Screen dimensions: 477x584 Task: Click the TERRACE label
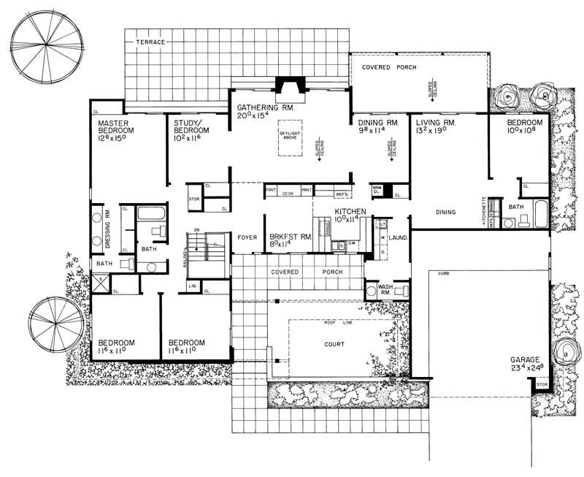coord(150,43)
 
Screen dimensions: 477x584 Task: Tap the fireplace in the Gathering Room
coord(283,85)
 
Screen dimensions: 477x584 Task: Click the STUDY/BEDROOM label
coord(183,129)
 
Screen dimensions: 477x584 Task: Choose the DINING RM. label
coord(377,123)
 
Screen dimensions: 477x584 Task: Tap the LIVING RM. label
coord(435,123)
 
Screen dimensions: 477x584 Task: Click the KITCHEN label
coord(349,211)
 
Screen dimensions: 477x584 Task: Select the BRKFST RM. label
coord(286,237)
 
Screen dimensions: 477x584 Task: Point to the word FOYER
coord(245,237)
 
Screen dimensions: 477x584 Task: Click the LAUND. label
coord(398,237)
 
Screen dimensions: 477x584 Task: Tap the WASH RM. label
coord(385,289)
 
